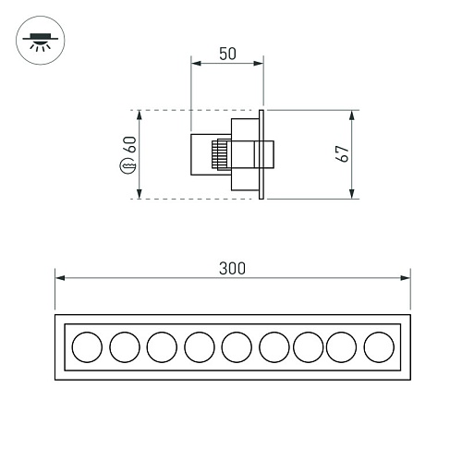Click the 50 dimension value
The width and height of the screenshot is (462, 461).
(x=227, y=54)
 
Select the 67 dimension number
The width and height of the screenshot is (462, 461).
(x=342, y=153)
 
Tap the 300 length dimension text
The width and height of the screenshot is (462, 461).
(x=232, y=268)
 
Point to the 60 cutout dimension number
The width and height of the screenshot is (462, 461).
(x=129, y=144)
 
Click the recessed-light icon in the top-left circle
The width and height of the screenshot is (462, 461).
(x=40, y=41)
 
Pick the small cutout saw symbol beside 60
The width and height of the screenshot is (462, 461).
(x=128, y=166)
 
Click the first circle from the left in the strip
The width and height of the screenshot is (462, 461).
(x=87, y=347)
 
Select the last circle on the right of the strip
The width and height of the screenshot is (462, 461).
(x=379, y=347)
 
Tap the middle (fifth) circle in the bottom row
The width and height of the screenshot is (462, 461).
(x=237, y=347)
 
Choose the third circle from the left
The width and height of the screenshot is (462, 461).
(x=162, y=347)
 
